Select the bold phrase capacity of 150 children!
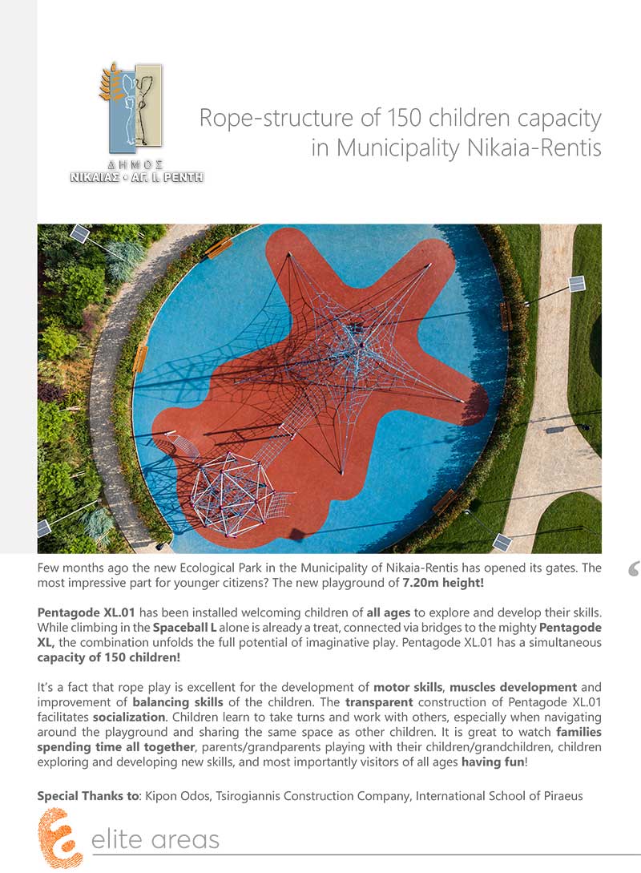pos(109,657)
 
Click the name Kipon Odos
pos(173,796)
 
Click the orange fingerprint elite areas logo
pos(59,839)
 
